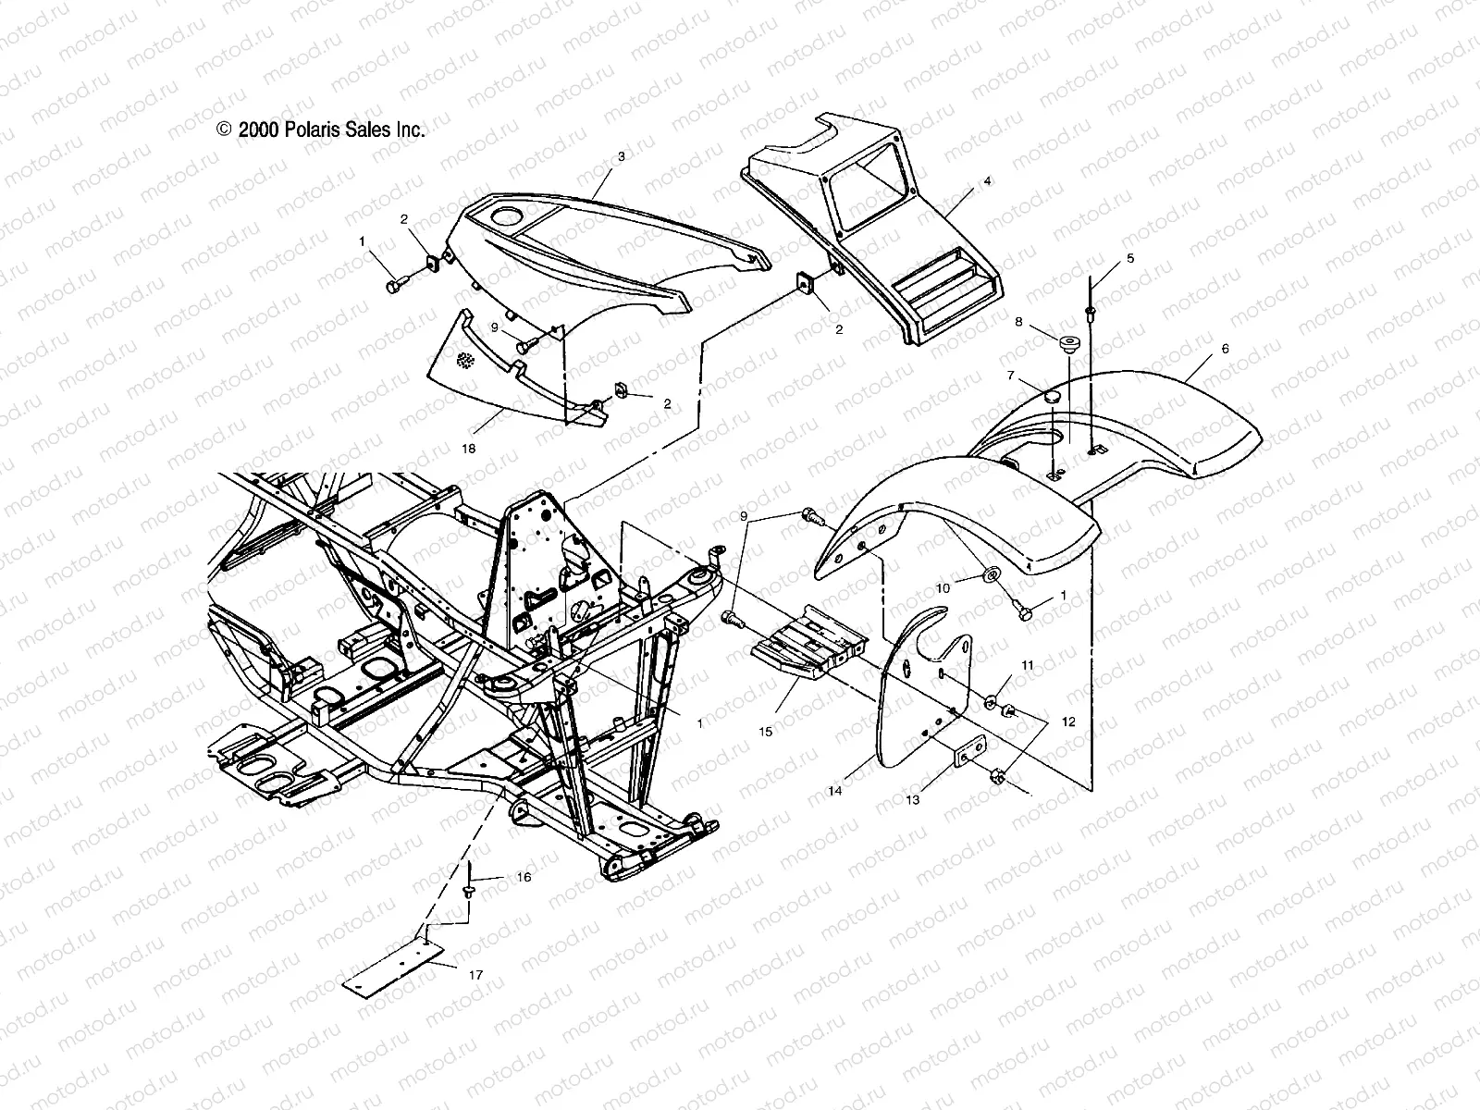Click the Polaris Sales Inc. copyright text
tap(321, 130)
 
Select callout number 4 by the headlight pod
tap(987, 181)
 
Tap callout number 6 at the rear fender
tap(1225, 349)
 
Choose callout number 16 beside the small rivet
tap(524, 877)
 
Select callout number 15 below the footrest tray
tap(765, 732)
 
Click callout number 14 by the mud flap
tap(835, 791)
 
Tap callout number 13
tap(912, 800)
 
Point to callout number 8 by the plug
tap(1018, 322)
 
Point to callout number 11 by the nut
tap(1028, 665)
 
